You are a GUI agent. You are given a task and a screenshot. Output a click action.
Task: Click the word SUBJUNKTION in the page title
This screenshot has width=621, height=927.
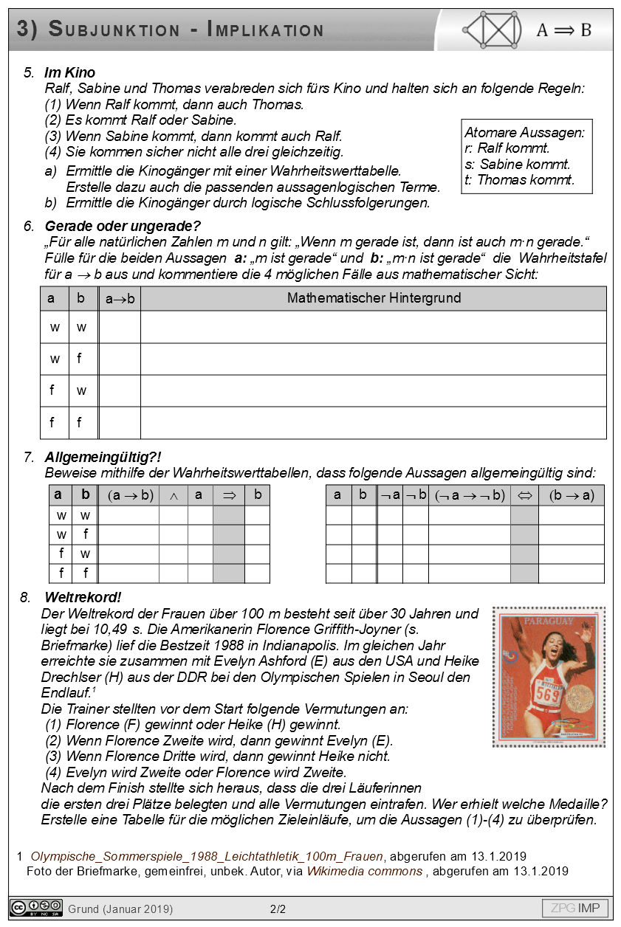click(114, 30)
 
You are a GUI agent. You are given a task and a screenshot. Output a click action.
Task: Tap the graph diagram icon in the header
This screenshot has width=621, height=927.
click(492, 30)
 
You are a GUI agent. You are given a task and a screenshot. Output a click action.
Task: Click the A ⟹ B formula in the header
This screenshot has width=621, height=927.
click(563, 30)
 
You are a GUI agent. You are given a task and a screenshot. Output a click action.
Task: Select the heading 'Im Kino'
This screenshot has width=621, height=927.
click(69, 72)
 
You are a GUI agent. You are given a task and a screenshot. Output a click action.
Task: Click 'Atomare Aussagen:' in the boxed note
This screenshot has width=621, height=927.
click(524, 133)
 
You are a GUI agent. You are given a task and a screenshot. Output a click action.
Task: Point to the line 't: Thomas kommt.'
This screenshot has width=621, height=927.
click(520, 179)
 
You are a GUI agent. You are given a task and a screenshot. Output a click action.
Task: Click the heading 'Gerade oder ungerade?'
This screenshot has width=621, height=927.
click(122, 226)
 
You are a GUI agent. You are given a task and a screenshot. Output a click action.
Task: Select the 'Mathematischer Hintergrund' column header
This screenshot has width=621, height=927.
click(374, 298)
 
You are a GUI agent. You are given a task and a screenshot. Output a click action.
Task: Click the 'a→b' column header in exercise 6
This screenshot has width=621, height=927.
click(120, 299)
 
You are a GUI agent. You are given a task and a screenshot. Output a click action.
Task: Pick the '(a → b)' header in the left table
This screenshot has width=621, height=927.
click(130, 495)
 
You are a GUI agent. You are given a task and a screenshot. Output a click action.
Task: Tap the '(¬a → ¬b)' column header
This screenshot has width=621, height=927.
click(470, 495)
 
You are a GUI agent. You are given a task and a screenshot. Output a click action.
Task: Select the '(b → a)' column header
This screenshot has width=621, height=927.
click(571, 495)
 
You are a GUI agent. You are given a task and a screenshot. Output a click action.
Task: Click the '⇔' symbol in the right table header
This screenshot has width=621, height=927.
click(524, 495)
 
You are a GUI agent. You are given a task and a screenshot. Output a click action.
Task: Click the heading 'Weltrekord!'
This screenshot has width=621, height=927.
click(83, 596)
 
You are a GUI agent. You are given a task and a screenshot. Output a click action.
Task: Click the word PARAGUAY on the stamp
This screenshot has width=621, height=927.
click(548, 621)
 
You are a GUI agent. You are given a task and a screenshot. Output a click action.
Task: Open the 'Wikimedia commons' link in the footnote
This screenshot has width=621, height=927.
click(365, 871)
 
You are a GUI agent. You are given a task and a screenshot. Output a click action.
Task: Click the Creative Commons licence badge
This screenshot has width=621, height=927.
click(35, 908)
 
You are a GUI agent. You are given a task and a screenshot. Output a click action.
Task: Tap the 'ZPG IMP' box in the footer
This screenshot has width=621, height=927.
click(574, 908)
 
